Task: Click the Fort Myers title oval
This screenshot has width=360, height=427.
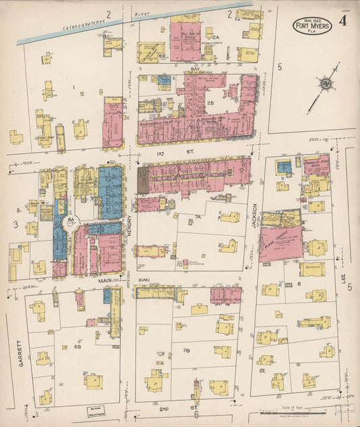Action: (x=312, y=26)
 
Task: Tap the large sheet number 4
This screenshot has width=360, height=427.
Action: (x=343, y=21)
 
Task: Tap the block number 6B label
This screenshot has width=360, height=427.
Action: (x=76, y=347)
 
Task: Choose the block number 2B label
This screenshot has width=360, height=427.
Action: (x=211, y=103)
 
